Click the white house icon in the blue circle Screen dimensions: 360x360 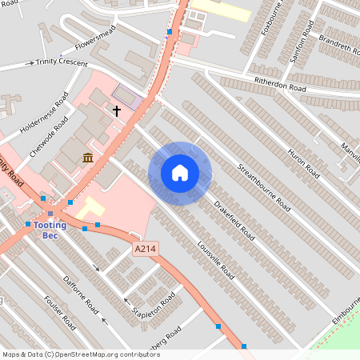pos(180,173)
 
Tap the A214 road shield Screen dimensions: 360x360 pos(144,250)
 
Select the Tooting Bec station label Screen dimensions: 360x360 pos(50,230)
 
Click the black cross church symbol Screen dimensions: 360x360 pos(116,110)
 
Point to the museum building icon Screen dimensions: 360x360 pos(87,157)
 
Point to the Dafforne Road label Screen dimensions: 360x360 pos(81,294)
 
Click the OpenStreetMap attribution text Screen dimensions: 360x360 pos(81,354)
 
